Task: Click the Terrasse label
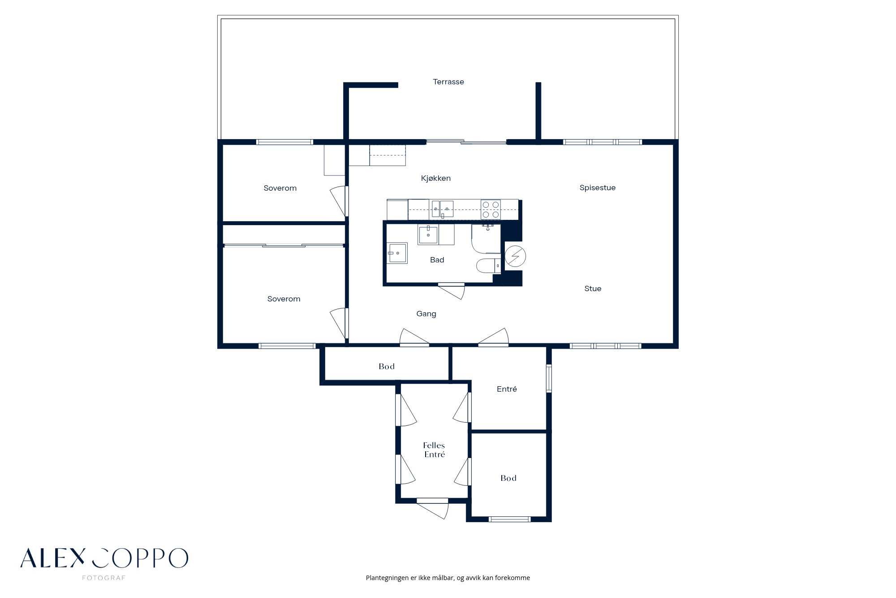(448, 82)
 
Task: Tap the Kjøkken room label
(435, 178)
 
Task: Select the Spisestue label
(597, 188)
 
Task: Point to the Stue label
(593, 288)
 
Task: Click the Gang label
(426, 314)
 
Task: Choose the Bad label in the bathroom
(437, 260)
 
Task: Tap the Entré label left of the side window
(507, 389)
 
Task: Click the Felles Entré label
(434, 450)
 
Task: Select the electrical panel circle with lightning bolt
(515, 256)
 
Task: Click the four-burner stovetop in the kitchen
(491, 210)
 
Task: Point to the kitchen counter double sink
(442, 209)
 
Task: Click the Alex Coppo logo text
(104, 558)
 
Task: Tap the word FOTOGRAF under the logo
(103, 578)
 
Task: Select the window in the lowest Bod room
(509, 519)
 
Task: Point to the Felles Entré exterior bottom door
(432, 508)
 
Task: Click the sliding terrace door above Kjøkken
(466, 142)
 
